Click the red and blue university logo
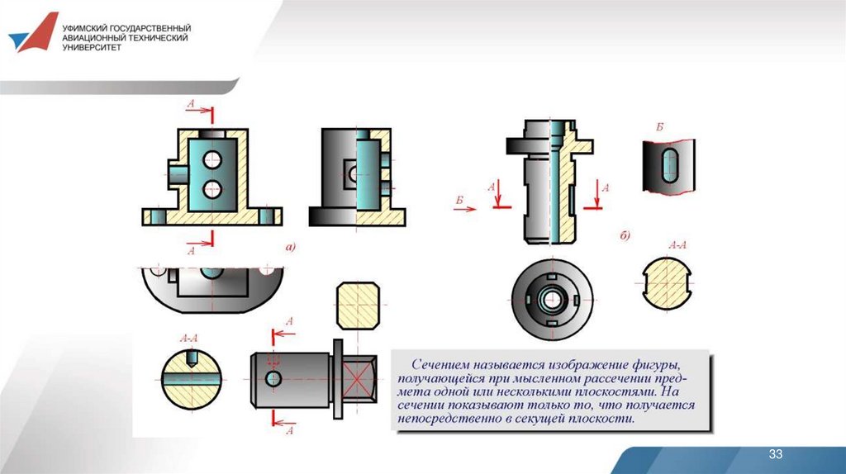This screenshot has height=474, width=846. pyautogui.click(x=33, y=33)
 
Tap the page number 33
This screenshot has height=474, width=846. pyautogui.click(x=775, y=454)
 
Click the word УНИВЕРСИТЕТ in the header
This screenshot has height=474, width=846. pyautogui.click(x=92, y=47)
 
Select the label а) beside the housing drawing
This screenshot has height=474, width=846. pyautogui.click(x=290, y=247)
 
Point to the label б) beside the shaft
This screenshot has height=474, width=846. pyautogui.click(x=625, y=235)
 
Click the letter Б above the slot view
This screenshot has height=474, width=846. pyautogui.click(x=659, y=127)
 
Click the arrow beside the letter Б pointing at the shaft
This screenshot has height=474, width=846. pyautogui.click(x=464, y=209)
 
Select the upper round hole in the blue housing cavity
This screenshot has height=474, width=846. pyautogui.click(x=212, y=159)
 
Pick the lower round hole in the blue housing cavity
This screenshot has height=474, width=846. pyautogui.click(x=212, y=189)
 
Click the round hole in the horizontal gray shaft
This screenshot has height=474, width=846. pyautogui.click(x=273, y=378)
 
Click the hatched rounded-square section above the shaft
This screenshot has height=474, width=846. pyautogui.click(x=358, y=306)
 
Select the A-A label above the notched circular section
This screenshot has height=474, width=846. pyautogui.click(x=677, y=245)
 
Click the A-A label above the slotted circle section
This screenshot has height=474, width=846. pyautogui.click(x=188, y=339)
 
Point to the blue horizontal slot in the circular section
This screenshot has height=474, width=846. pyautogui.click(x=192, y=380)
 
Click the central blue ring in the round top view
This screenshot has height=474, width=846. pyautogui.click(x=551, y=300)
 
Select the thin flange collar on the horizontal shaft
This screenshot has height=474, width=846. pyautogui.click(x=338, y=379)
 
